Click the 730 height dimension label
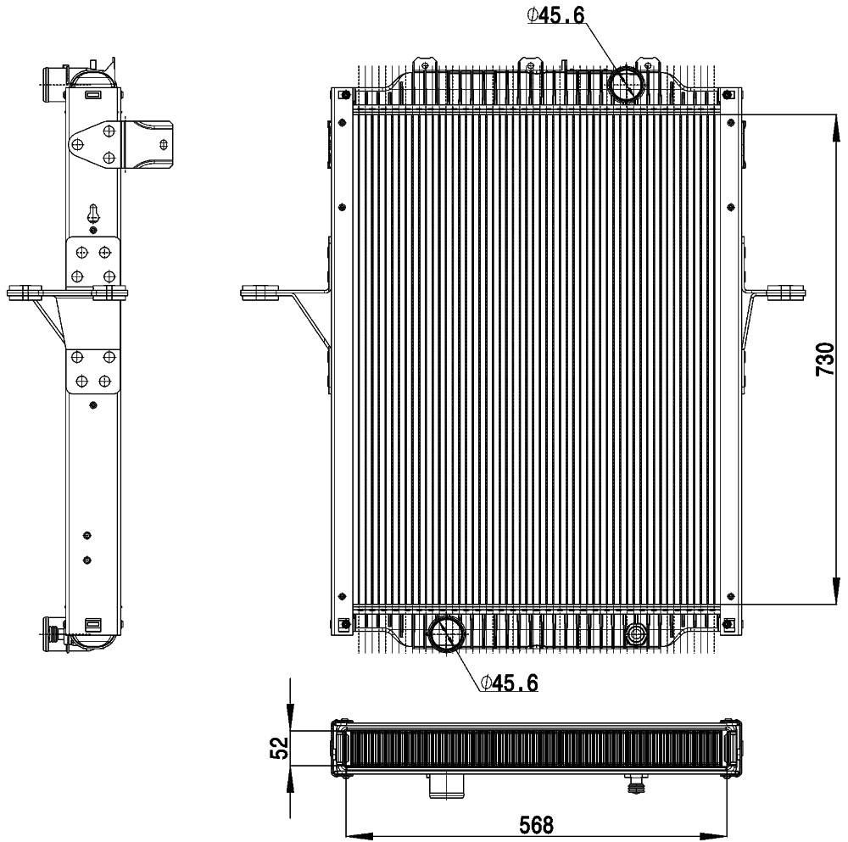pos(825,359)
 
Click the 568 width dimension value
pos(537,825)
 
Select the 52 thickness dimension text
pos(280,749)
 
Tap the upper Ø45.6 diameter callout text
pos(556,15)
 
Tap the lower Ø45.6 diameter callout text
pos(509,683)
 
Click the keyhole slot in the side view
pos(93,213)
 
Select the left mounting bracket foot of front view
pos(259,293)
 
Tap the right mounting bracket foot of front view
pos(786,293)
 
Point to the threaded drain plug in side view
pos(53,633)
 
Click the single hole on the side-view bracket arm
pos(164,144)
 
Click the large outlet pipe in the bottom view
pos(446,786)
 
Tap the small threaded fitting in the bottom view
pos(634,784)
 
